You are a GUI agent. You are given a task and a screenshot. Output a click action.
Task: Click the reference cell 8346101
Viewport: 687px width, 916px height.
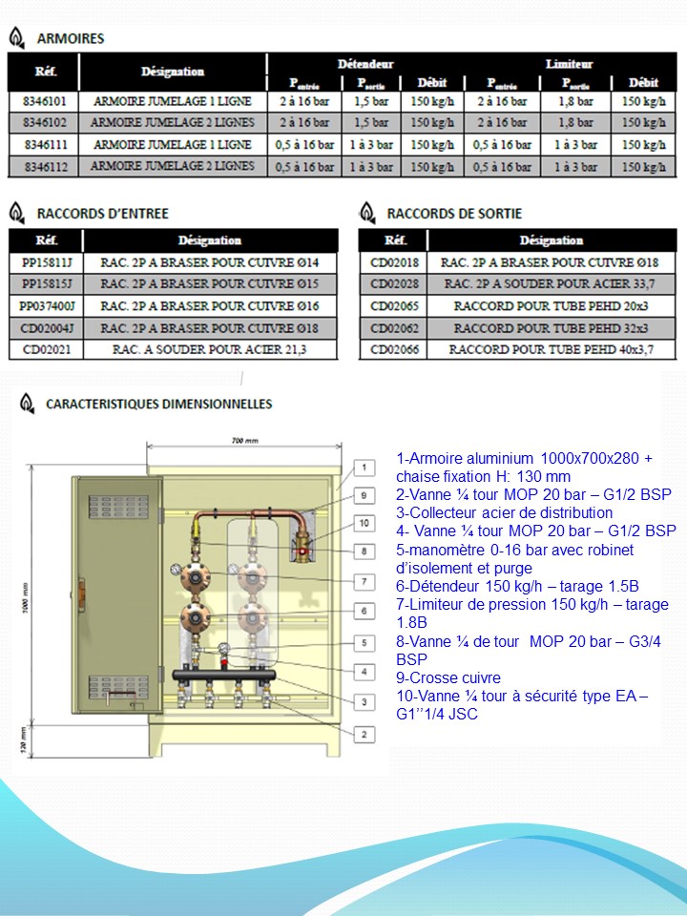(43, 99)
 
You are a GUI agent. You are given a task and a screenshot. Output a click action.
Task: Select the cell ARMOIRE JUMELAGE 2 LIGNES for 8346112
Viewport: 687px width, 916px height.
(172, 166)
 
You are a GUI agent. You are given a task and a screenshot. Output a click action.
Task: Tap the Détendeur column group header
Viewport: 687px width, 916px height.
(365, 63)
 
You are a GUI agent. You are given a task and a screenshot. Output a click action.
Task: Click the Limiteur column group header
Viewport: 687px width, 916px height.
(569, 63)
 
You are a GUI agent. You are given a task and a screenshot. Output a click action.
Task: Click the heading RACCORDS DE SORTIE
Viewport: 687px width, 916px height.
(454, 213)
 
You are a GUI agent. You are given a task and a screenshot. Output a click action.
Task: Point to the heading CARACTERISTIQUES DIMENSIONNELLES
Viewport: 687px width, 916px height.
(158, 405)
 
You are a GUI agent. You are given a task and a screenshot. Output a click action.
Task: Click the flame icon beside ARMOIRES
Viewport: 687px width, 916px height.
(16, 38)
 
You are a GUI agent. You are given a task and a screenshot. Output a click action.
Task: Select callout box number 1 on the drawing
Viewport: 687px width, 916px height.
(364, 467)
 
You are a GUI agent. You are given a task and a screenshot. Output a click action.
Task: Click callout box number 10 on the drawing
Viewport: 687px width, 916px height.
(364, 523)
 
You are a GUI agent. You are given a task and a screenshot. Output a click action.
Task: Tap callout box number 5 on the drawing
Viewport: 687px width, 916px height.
(364, 643)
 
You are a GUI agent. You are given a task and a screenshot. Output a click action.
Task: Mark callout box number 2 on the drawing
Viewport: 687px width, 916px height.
(364, 734)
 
